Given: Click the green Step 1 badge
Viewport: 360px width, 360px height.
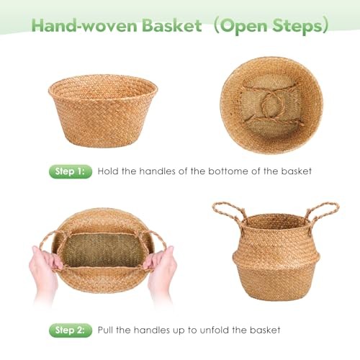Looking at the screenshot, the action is click(71, 171).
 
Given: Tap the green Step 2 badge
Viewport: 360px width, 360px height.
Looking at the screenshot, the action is click(71, 330).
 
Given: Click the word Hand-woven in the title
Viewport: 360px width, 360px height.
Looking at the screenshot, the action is click(85, 25).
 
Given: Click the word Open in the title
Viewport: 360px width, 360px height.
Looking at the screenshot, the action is click(244, 26).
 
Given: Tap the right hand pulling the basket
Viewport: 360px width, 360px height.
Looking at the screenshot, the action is click(161, 271).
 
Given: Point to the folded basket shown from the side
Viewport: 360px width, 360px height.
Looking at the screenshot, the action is click(103, 111).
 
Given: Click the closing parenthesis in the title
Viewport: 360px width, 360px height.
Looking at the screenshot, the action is click(325, 25).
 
